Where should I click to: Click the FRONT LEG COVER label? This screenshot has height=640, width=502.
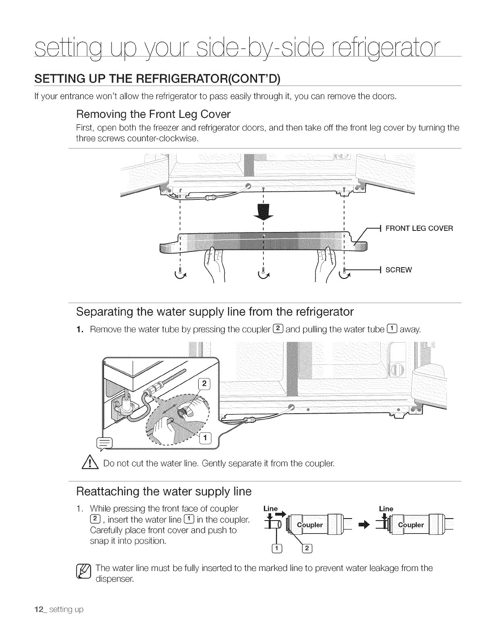[x=419, y=228]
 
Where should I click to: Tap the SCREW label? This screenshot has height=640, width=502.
[x=398, y=270]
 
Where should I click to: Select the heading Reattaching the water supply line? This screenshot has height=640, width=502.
[x=164, y=492]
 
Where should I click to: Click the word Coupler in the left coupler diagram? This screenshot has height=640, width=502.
[x=309, y=525]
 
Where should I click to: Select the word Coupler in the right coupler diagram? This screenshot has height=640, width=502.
[x=411, y=525]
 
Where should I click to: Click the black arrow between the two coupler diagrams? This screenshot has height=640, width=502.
[x=364, y=525]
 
